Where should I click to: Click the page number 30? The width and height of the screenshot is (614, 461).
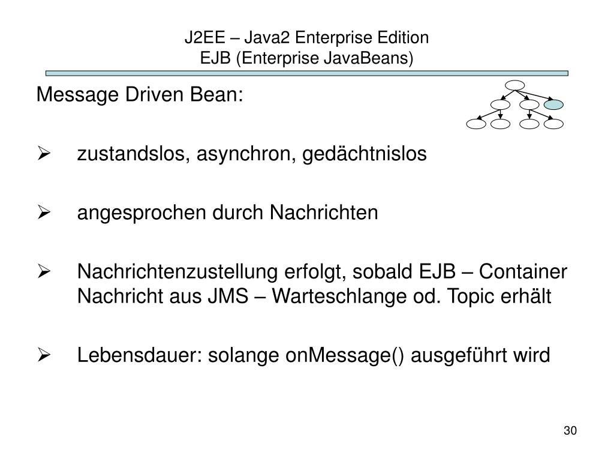tap(570, 431)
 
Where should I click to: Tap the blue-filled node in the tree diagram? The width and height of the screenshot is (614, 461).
tap(555, 105)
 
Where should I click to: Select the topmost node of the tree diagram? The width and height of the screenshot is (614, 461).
tap(515, 85)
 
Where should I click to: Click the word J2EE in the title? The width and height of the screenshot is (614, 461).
tap(200, 38)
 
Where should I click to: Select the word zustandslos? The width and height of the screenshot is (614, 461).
tap(127, 154)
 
